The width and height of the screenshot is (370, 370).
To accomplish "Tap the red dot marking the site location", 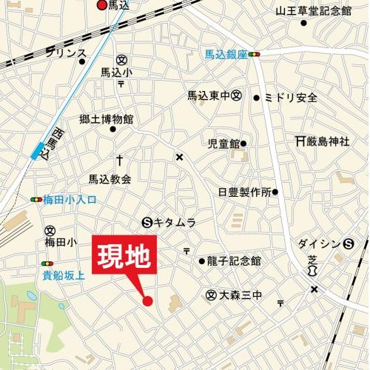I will (147, 300).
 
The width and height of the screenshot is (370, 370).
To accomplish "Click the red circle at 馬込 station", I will (102, 5).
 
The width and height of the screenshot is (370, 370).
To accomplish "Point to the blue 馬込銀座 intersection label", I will (226, 54).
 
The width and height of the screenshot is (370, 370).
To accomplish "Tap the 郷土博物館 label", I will (107, 118).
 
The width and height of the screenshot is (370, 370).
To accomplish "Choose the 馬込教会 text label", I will (110, 179).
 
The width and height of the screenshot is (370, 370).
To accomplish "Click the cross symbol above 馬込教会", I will (118, 160).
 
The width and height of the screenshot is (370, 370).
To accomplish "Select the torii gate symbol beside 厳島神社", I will (300, 141).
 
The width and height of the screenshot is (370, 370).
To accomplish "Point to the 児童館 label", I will (224, 143).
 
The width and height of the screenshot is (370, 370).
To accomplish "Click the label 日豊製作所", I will (244, 192).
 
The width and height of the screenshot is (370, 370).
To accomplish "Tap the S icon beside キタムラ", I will (146, 222).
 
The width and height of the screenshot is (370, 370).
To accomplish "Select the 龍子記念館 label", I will (235, 261).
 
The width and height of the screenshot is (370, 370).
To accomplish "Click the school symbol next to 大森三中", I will (211, 295).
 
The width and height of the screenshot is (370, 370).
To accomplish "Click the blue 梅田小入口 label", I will (70, 200).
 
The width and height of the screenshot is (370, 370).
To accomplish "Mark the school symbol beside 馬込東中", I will (236, 95).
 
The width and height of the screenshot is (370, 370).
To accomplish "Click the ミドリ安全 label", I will (291, 98).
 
